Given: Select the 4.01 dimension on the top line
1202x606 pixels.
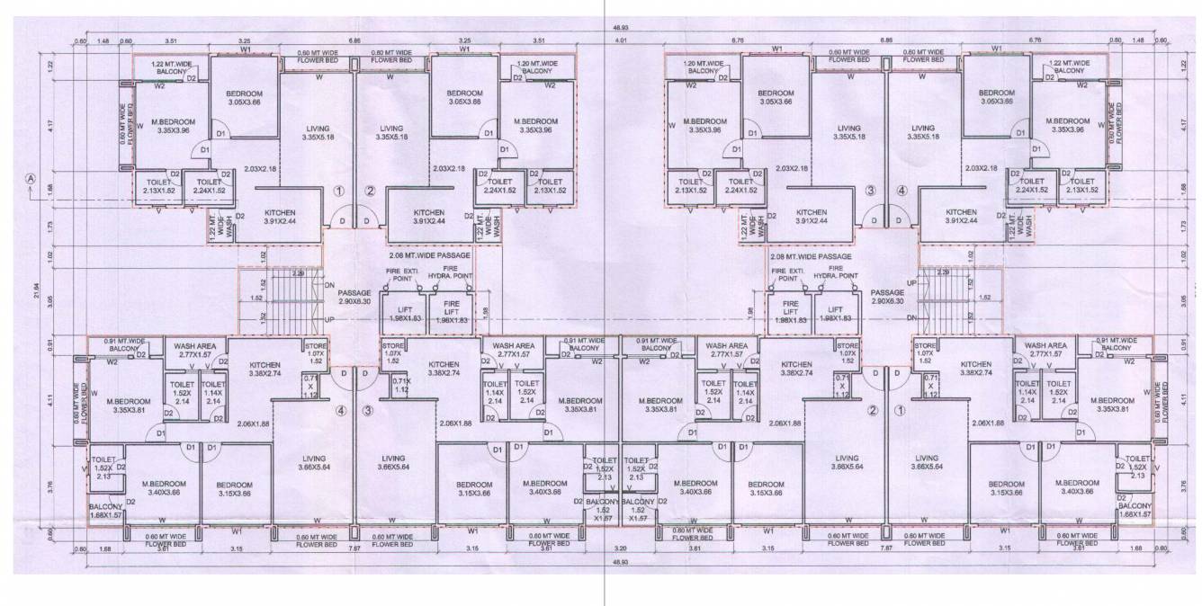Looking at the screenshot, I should [620, 40].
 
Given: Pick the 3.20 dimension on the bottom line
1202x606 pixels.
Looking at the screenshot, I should [620, 547].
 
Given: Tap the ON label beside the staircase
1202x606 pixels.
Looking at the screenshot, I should [328, 285].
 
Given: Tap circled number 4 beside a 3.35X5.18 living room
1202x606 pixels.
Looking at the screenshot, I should [901, 190].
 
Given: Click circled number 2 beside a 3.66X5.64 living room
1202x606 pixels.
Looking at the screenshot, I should [871, 411].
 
